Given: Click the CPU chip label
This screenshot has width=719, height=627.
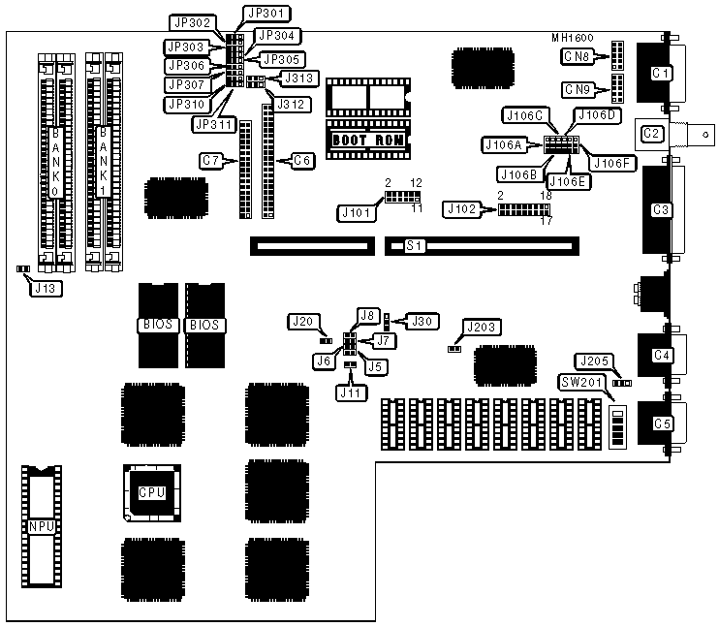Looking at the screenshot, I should tap(151, 492).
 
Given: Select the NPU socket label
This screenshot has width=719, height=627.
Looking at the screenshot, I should tap(41, 526).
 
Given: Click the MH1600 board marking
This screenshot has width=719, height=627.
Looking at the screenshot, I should tap(573, 38).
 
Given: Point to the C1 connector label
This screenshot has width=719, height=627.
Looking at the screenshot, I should tap(661, 72).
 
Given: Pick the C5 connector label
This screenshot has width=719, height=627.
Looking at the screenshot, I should tap(662, 423).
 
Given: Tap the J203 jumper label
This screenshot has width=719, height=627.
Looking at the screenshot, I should tap(480, 327).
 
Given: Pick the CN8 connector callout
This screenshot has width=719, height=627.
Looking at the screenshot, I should tap(578, 57).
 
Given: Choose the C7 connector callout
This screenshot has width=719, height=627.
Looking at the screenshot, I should tap(212, 159).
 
